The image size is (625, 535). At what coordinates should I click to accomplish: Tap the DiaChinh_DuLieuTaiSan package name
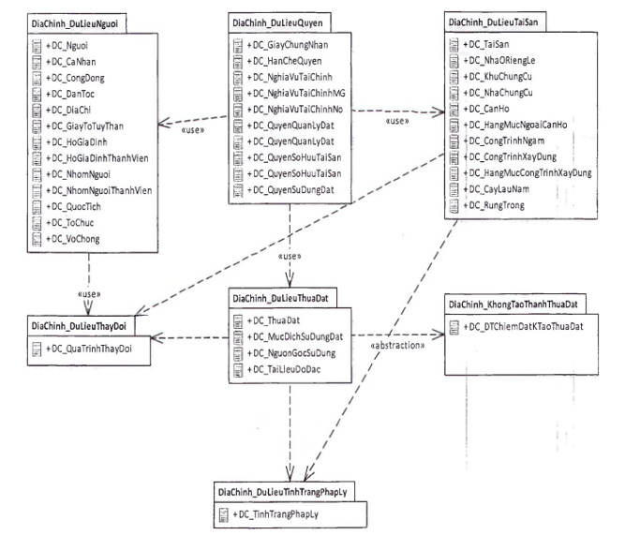coord(494,20)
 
